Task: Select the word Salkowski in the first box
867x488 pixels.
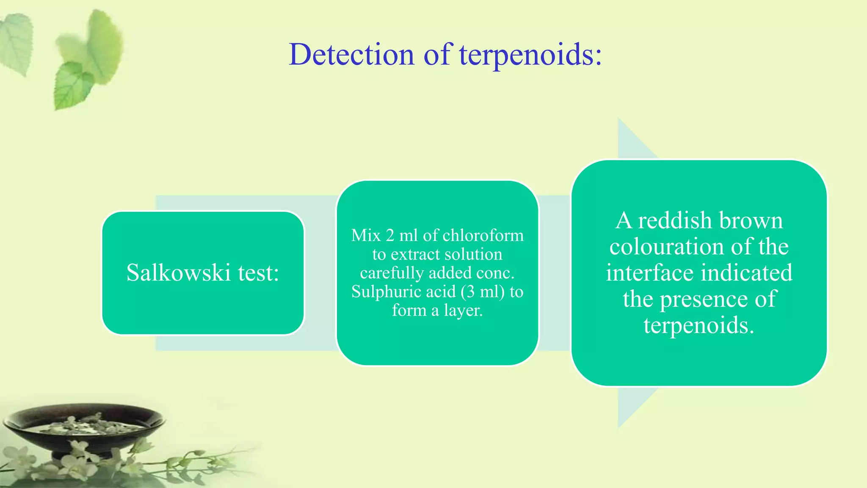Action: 179,272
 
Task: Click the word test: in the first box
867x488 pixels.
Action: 258,272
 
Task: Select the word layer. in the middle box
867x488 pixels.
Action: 463,311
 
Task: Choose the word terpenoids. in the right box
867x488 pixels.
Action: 699,325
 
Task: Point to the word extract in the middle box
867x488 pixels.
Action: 413,254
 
